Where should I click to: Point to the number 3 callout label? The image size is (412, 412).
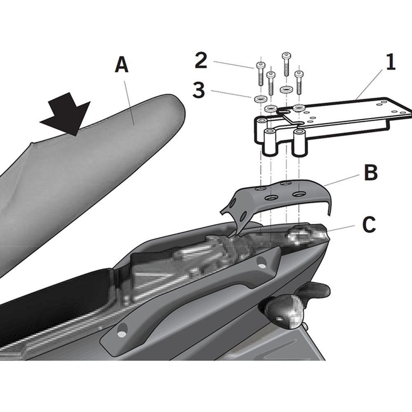tap(199, 90)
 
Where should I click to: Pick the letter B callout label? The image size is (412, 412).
tap(371, 173)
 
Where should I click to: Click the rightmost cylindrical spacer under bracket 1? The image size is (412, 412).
tap(299, 144)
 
